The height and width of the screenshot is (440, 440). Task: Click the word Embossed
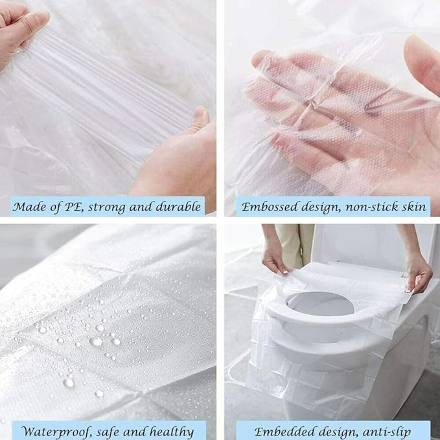(x=268, y=207)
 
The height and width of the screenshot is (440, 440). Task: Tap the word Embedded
(x=283, y=431)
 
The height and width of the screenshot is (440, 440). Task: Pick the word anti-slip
(x=396, y=431)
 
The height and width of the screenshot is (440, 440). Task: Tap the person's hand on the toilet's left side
(x=275, y=257)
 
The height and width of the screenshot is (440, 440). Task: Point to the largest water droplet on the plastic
(x=96, y=341)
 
